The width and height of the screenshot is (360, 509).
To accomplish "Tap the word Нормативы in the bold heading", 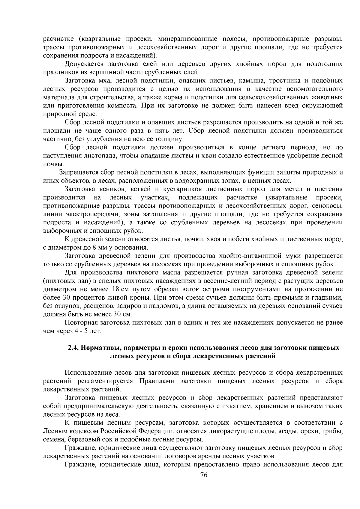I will (x=99, y=348).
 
